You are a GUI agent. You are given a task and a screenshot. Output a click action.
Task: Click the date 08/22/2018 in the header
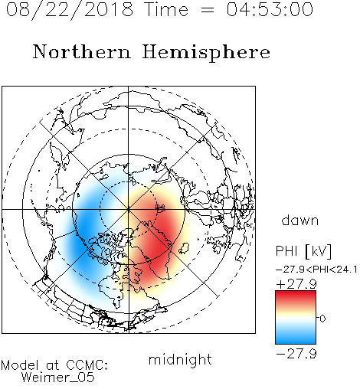point(70,10)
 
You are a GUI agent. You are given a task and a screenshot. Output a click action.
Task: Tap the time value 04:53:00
point(270,10)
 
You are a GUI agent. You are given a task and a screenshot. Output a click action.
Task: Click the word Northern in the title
point(82,52)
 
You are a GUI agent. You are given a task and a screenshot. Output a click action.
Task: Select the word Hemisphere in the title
point(206,53)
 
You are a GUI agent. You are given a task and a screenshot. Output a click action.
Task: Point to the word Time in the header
point(166,10)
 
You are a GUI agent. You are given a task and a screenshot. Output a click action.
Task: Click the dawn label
point(300,221)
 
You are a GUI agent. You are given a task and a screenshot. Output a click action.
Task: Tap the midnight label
point(180,360)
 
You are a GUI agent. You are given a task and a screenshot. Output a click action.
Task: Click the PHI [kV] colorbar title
point(303,251)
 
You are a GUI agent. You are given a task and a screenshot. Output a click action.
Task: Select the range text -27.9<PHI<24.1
point(316,270)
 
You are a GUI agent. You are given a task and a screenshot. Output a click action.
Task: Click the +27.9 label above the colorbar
point(296,284)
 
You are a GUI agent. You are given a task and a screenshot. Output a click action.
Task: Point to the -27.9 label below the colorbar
point(296,354)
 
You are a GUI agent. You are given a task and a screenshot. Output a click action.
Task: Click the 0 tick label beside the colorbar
point(322,319)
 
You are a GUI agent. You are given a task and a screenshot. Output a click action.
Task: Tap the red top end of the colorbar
point(296,293)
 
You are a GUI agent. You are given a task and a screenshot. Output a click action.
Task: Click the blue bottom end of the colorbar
point(296,342)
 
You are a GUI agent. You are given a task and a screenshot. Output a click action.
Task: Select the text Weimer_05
point(58,378)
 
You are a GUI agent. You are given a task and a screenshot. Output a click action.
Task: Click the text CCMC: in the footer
point(87,365)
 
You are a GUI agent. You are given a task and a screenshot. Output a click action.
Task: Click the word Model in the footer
point(20,365)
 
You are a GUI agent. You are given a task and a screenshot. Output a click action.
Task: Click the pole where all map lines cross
point(129,209)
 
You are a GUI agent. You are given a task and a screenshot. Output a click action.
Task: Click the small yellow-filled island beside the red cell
point(184,248)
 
